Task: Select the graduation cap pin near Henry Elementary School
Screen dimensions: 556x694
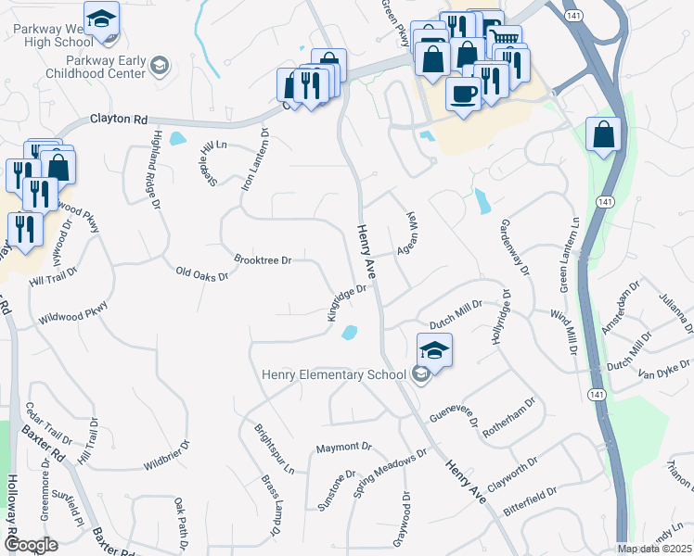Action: tap(433, 349)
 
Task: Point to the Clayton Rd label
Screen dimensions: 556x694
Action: tap(119, 120)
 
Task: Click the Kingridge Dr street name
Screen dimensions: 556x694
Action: tap(348, 302)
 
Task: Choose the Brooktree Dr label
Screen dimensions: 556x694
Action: tap(263, 260)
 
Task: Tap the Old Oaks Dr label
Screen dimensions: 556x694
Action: tap(201, 272)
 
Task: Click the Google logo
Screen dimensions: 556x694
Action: tap(31, 544)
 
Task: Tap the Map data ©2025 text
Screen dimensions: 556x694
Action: tap(654, 549)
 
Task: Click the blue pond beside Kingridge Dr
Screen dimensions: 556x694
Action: tap(349, 333)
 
